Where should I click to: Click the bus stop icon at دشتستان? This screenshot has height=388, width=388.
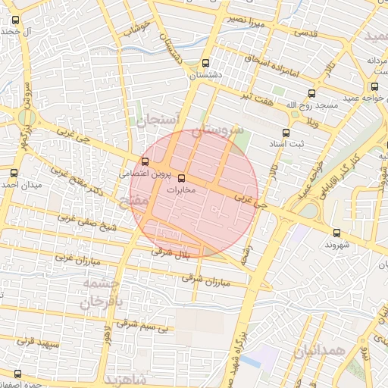tap(206, 64)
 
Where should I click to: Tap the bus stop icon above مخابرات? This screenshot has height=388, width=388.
tap(181, 179)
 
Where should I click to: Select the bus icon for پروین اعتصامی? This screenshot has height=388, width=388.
tap(145, 161)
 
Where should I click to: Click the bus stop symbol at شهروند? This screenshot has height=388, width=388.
tap(336, 233)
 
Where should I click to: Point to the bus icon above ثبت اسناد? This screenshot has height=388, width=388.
tap(286, 133)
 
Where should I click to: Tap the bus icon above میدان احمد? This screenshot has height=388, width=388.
tap(16, 174)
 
